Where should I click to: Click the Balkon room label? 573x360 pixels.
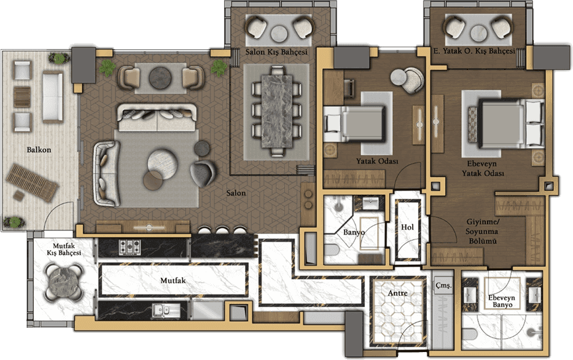click(x=39, y=150)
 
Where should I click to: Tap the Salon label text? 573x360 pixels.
click(x=236, y=193)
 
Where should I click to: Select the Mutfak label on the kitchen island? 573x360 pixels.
click(x=173, y=281)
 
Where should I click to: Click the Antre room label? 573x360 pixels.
click(x=397, y=293)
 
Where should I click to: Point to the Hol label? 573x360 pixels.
click(x=407, y=227)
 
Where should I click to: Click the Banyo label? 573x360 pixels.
click(x=353, y=232)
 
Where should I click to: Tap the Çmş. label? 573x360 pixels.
click(x=443, y=286)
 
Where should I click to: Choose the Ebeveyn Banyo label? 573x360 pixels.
click(x=502, y=301)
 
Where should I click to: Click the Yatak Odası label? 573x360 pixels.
click(x=377, y=161)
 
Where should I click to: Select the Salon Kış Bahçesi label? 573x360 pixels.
click(x=276, y=52)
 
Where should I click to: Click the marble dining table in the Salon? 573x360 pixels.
click(x=277, y=111)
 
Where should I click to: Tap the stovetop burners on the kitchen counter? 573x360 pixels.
click(x=130, y=247)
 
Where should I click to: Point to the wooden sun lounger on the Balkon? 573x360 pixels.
click(x=32, y=182)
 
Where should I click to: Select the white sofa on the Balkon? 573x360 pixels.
click(x=53, y=96)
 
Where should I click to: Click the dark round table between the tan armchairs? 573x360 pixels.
click(x=161, y=78)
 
